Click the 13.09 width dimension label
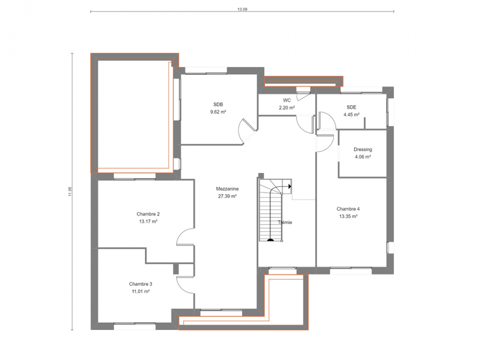(x=242, y=9)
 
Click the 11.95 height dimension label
(x=70, y=191)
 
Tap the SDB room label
(x=218, y=104)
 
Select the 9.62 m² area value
(x=218, y=112)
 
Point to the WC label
(x=286, y=100)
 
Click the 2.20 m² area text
(x=286, y=107)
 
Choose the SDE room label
(x=351, y=107)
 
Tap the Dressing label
(x=363, y=149)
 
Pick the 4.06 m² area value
(x=363, y=157)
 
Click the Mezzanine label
(x=227, y=188)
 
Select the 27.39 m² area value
(x=227, y=196)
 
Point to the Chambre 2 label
(x=148, y=214)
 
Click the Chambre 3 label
(x=140, y=284)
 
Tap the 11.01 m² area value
(x=140, y=291)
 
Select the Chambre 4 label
(x=348, y=209)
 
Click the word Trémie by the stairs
(x=285, y=222)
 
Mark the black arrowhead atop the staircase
(x=290, y=186)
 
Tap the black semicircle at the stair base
(x=270, y=239)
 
